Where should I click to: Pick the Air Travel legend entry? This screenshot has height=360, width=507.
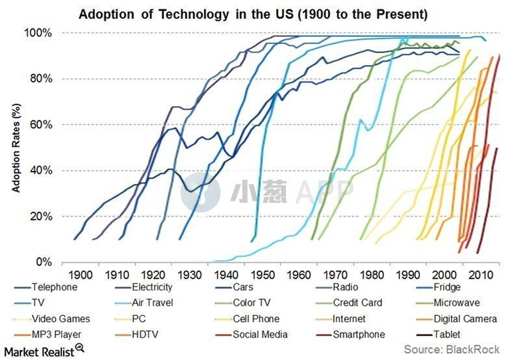pos(152,303)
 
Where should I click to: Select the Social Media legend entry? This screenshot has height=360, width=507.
pos(261,335)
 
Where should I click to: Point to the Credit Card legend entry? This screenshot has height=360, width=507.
pos(358,303)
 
